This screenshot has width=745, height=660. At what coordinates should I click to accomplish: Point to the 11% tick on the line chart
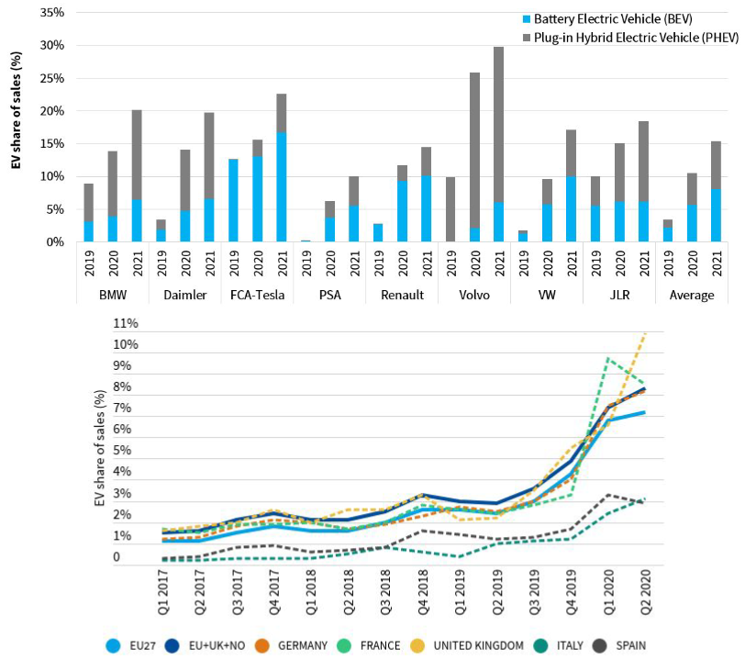click(x=126, y=324)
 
